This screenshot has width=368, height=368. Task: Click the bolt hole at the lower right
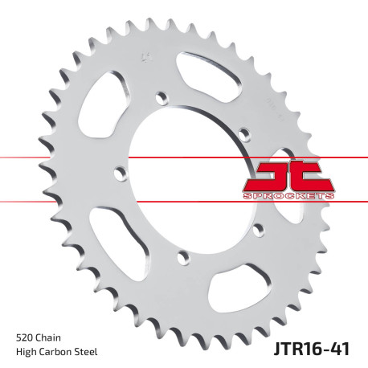[258, 231]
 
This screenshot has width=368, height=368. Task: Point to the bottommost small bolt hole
[183, 258]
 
